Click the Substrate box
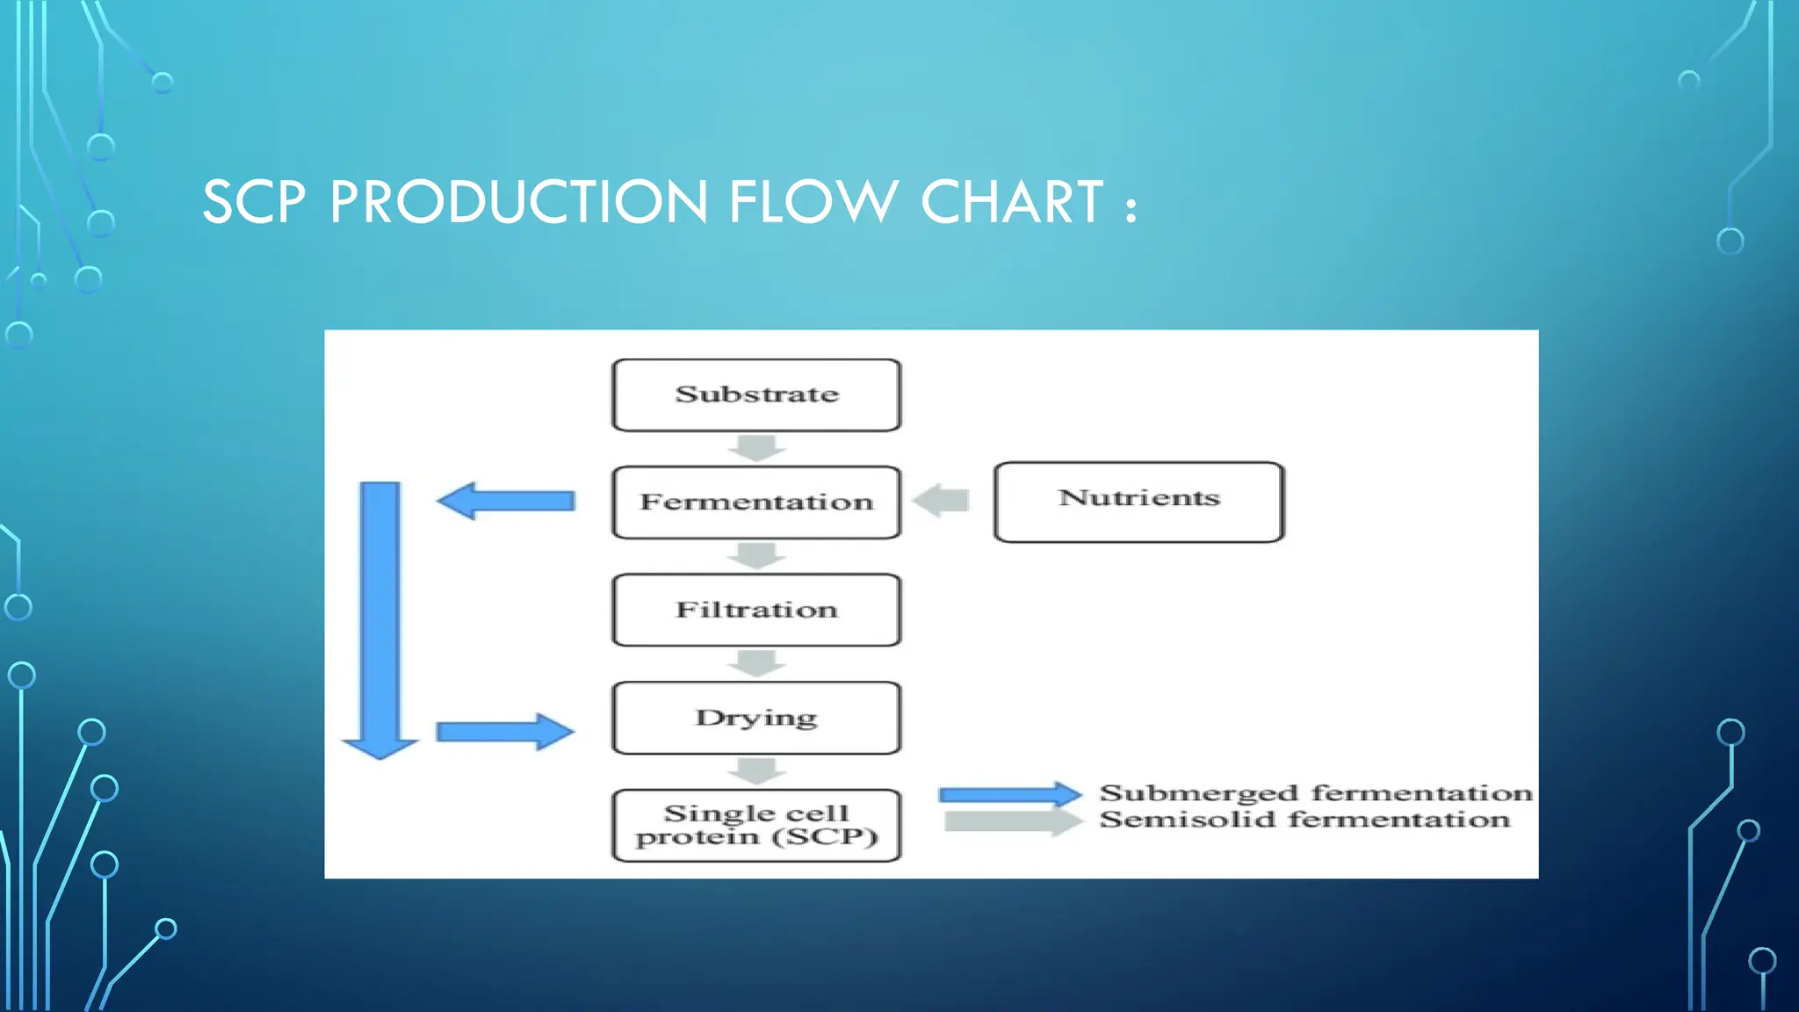click(x=756, y=394)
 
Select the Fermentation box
click(x=756, y=502)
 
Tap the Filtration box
click(x=756, y=610)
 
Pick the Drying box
click(x=756, y=718)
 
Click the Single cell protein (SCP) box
click(x=756, y=825)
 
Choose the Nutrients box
click(x=1138, y=502)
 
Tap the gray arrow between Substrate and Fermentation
click(x=756, y=448)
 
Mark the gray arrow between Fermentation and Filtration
click(x=756, y=556)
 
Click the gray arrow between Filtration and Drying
click(x=756, y=663)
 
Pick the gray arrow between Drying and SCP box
click(x=756, y=771)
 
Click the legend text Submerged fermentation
click(x=1315, y=793)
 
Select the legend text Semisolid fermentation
click(x=1304, y=820)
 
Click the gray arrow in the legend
click(x=1012, y=822)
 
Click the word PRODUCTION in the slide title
click(x=518, y=203)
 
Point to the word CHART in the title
click(x=1011, y=203)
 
